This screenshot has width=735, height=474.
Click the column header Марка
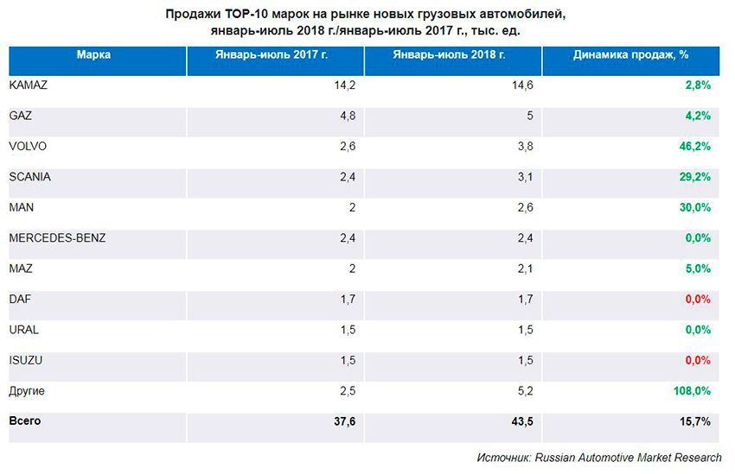[93, 54]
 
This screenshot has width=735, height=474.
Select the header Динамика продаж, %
[630, 54]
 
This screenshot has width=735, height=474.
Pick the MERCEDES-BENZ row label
[56, 237]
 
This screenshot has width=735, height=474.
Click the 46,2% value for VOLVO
[695, 146]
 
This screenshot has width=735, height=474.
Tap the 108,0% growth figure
[692, 391]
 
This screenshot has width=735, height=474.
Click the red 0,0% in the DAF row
[697, 299]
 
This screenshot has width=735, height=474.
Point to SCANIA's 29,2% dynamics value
[695, 177]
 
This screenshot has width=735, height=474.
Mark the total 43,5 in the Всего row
[521, 421]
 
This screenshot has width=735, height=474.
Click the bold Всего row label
[24, 420]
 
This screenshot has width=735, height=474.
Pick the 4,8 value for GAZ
[348, 115]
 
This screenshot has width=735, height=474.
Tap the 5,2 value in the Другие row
[525, 391]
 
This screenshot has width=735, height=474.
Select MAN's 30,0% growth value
[695, 207]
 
